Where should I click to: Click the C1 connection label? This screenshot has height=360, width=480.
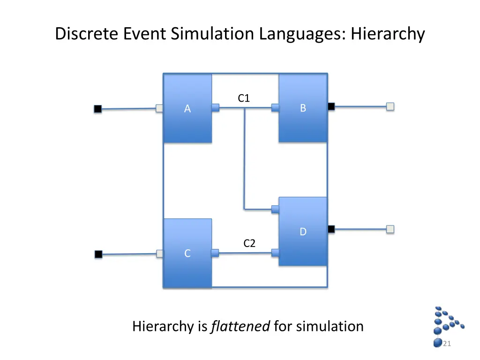(x=244, y=98)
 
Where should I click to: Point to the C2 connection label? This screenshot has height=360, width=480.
(x=249, y=243)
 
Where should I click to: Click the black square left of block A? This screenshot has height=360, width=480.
(x=97, y=109)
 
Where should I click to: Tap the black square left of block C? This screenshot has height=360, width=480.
(x=98, y=255)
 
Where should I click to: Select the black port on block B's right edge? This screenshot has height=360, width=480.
(x=331, y=106)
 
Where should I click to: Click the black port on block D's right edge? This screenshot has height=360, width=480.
(x=331, y=229)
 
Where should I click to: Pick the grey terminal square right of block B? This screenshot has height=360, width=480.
(x=390, y=106)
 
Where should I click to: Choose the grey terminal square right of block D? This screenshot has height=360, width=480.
(x=390, y=229)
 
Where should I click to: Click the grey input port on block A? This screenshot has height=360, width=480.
(x=159, y=108)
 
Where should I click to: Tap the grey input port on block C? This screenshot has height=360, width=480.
(x=160, y=254)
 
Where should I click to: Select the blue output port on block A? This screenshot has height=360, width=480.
(x=215, y=108)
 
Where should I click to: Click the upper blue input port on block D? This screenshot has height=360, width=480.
(x=276, y=209)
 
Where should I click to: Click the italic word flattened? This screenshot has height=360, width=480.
(x=240, y=326)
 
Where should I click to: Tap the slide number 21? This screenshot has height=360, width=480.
(x=447, y=344)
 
